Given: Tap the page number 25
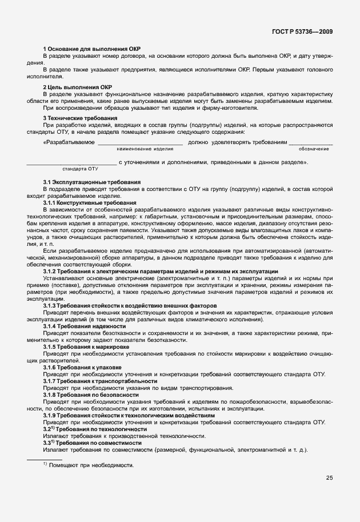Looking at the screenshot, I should click(x=330, y=477).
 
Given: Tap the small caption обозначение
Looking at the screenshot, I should click(x=314, y=149).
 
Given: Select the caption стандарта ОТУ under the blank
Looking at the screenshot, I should click(x=80, y=169).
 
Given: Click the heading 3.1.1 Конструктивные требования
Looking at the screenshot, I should click(x=90, y=203).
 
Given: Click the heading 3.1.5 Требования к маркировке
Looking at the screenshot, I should click(x=86, y=347).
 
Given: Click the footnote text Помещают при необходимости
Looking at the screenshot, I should click(x=87, y=465).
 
